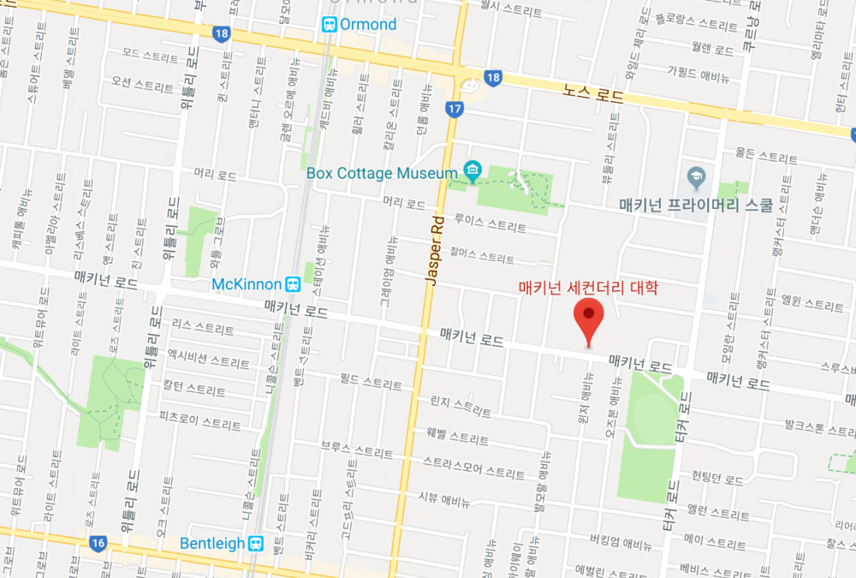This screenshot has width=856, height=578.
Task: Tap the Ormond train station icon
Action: [330, 25]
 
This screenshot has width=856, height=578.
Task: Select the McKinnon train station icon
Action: [293, 283]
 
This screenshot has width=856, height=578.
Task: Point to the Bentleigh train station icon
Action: [255, 544]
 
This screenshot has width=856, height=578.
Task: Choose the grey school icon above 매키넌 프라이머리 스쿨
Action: [696, 178]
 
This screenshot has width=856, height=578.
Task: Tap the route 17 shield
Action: [454, 109]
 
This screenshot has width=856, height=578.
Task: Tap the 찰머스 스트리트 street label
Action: [484, 256]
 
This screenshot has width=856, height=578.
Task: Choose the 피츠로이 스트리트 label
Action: [199, 424]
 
